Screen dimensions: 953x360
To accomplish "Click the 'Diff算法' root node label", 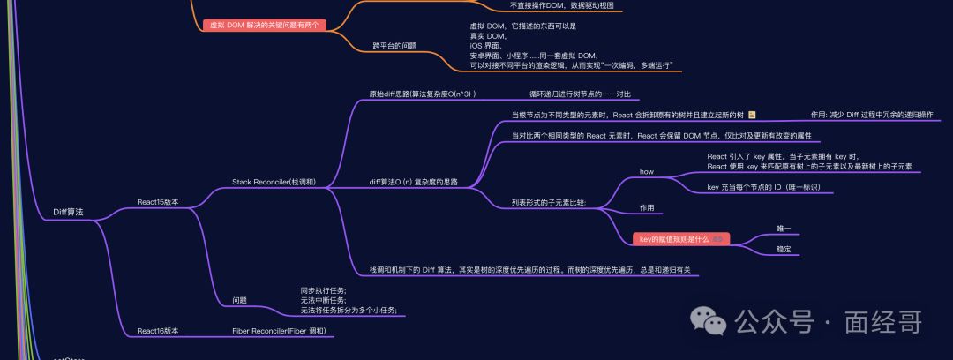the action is click(x=69, y=212).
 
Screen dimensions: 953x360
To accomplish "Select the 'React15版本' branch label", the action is click(x=157, y=202).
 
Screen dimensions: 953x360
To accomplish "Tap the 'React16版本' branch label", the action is click(x=157, y=331).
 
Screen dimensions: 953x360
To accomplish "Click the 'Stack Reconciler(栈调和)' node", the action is click(x=274, y=182).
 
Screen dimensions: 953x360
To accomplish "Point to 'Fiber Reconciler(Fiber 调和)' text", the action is click(x=279, y=331).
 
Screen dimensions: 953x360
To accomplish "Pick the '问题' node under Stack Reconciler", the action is click(x=239, y=300).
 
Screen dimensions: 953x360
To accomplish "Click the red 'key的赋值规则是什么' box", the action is click(x=680, y=239).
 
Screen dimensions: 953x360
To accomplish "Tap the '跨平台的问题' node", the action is click(x=394, y=45).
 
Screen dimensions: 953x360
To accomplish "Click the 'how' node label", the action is click(x=646, y=171).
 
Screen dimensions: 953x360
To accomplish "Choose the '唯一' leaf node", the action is click(x=784, y=229).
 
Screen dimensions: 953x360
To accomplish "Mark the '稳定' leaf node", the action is click(x=784, y=250).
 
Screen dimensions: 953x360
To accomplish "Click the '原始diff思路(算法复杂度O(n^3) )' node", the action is click(x=423, y=94).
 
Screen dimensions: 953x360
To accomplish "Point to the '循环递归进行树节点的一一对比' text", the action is click(x=580, y=94).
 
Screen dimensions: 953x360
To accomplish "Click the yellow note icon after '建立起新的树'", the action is click(x=752, y=115).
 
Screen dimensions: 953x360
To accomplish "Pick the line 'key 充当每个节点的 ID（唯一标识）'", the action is click(x=764, y=187).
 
